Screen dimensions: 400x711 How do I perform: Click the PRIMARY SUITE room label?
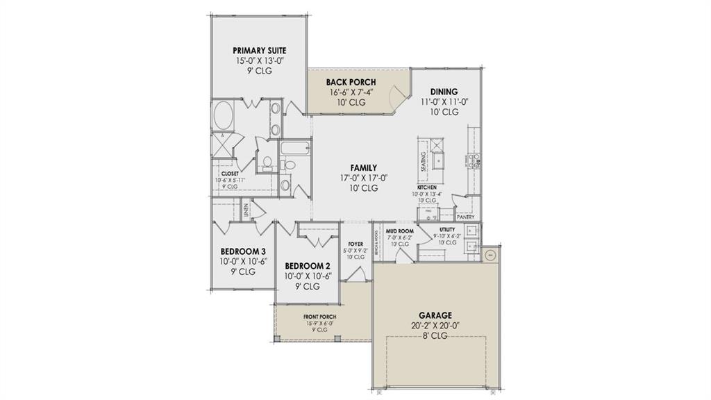[x=259, y=51]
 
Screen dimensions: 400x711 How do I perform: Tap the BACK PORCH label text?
[x=351, y=82]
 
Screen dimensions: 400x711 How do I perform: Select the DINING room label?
[x=444, y=92]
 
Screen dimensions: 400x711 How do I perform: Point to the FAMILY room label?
[x=364, y=168]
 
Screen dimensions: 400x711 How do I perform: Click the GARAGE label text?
[x=435, y=315]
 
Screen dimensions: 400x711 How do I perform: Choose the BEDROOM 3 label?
[x=238, y=251]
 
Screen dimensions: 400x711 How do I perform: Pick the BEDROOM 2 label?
[x=306, y=266]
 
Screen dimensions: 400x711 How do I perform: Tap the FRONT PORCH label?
[x=319, y=317]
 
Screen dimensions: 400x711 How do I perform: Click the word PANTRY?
[x=466, y=217]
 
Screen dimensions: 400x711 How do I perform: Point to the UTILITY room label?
[x=447, y=229]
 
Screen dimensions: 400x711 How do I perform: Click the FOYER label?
[x=355, y=244]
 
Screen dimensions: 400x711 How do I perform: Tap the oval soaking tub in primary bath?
[x=223, y=115]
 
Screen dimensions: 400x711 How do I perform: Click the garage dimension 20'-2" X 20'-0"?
[x=435, y=325]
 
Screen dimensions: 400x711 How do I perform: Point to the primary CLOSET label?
[x=230, y=174]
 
